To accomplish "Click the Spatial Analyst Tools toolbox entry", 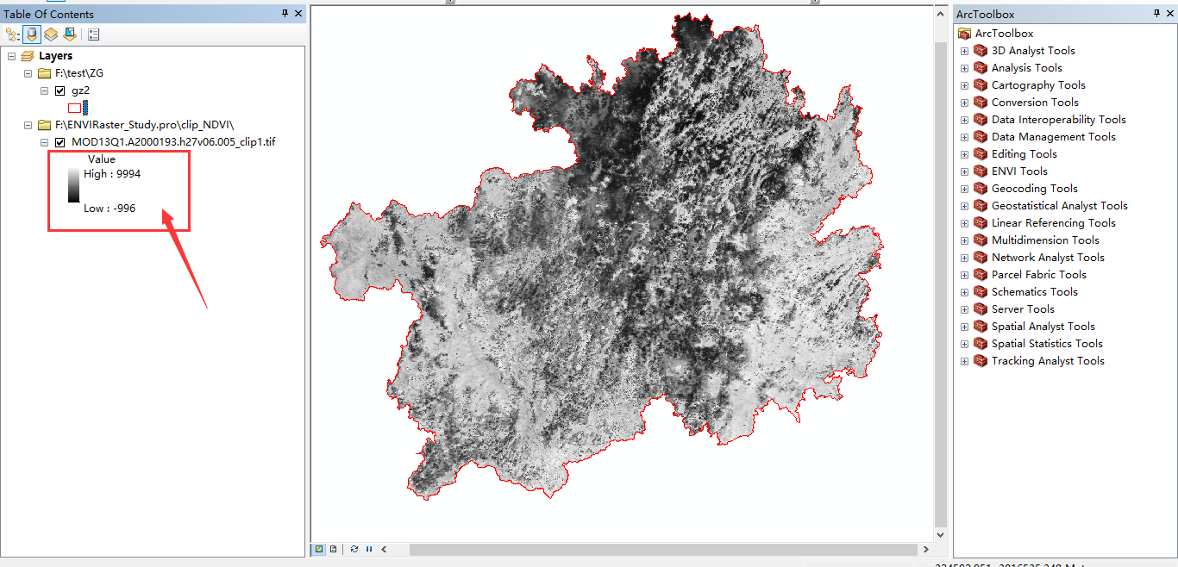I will click(x=1043, y=327).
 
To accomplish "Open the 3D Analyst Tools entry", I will click(x=1032, y=51).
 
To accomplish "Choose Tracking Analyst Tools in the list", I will click(x=1047, y=361).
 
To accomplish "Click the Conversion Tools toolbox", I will click(x=1034, y=103).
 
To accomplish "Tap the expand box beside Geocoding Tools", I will click(x=964, y=189).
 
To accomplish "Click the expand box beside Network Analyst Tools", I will click(x=964, y=258).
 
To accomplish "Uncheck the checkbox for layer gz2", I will click(x=60, y=90).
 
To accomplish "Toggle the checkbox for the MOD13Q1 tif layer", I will click(x=60, y=142).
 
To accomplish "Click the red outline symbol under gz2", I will click(x=74, y=108).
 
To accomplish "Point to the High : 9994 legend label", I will click(x=112, y=174).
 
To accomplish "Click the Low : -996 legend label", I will click(x=110, y=209).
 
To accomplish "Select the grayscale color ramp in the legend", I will click(x=73, y=185).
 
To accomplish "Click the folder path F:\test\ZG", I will click(x=78, y=73).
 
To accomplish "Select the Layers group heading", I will click(x=55, y=56).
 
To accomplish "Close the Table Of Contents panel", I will click(x=298, y=14).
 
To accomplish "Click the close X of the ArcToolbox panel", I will click(x=1170, y=14).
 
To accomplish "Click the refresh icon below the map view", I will click(x=354, y=549).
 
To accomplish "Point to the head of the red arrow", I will click(x=165, y=215).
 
